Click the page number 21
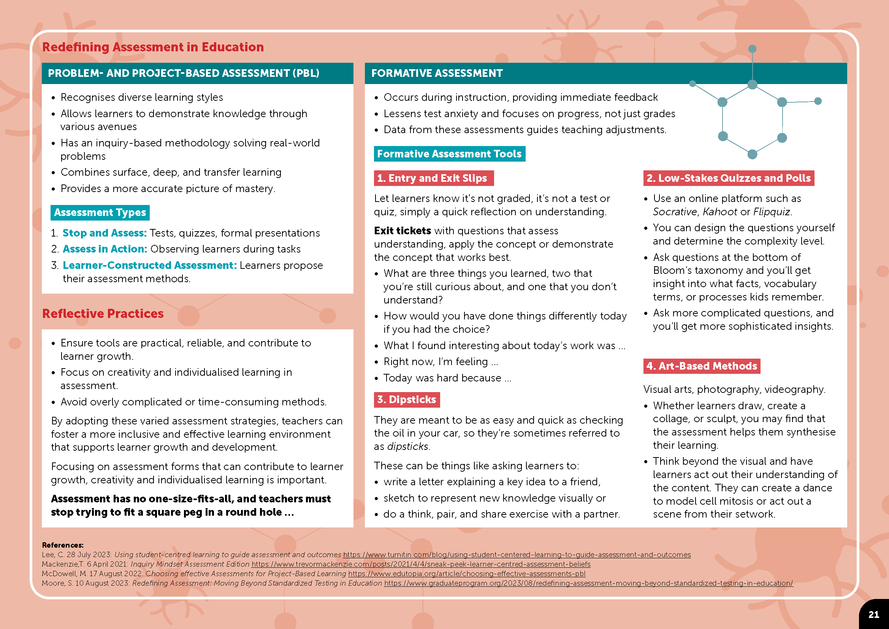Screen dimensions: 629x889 point(873,615)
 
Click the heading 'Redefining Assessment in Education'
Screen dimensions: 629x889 point(153,47)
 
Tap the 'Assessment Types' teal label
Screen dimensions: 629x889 point(100,213)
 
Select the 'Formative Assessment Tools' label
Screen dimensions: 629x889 point(449,154)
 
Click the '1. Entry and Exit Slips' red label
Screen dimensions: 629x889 point(434,178)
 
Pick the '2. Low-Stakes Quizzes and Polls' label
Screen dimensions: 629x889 point(728,178)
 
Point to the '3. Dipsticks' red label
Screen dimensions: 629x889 point(407,400)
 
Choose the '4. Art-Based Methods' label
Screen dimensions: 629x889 point(702,366)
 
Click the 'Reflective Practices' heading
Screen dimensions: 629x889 point(103,313)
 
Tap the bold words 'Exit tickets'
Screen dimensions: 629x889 point(402,231)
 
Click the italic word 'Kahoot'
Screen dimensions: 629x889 point(720,212)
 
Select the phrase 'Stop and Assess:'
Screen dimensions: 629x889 point(105,233)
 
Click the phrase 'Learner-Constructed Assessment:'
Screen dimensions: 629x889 point(149,265)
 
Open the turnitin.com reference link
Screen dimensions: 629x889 point(517,554)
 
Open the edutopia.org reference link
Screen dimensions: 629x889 point(467,573)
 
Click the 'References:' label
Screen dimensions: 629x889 point(63,545)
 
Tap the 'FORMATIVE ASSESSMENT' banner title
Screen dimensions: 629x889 point(437,73)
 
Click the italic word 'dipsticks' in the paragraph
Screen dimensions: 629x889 point(408,446)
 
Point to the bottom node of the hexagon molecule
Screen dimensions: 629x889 point(752,154)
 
